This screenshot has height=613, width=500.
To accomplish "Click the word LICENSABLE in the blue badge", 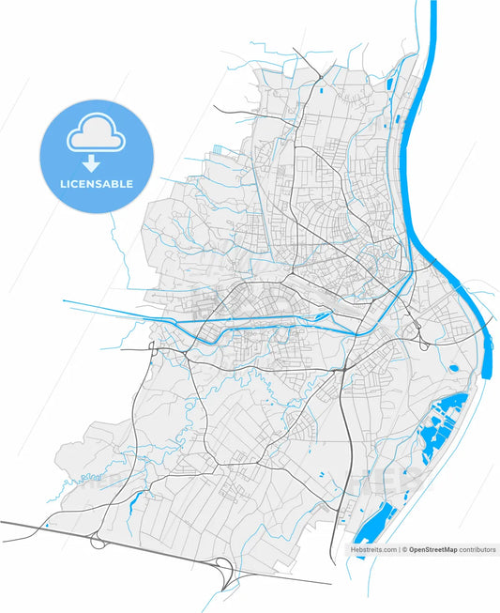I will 95,183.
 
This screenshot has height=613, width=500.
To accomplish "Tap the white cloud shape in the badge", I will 95,136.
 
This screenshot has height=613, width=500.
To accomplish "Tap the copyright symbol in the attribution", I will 404,549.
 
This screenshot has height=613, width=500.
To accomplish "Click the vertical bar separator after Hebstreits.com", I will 398,549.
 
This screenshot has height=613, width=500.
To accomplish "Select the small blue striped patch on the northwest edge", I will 220,149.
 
